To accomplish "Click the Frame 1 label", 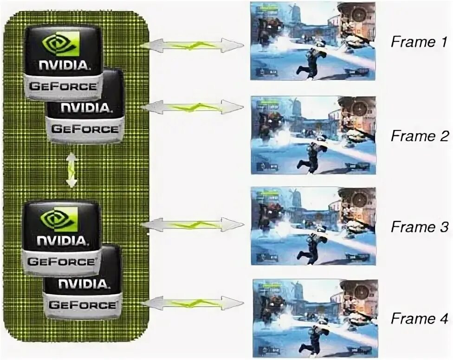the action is pos(419,42).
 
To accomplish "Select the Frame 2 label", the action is pos(419,136).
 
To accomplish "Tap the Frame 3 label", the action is pos(419,227).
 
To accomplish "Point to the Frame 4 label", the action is pos(419,319).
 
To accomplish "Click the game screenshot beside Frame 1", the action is pos(312,40).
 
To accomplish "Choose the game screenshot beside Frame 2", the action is pos(313,135).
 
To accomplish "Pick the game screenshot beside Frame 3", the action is pos(313,226).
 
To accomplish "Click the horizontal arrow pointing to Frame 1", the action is pos(192,45).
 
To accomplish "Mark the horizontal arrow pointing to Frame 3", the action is pos(192,225).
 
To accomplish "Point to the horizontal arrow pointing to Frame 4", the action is pos(192,304).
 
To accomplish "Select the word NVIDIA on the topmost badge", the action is pos(63,65).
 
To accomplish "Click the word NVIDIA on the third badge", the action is pos(62,241).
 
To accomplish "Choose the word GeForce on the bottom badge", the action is pos(82,304).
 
